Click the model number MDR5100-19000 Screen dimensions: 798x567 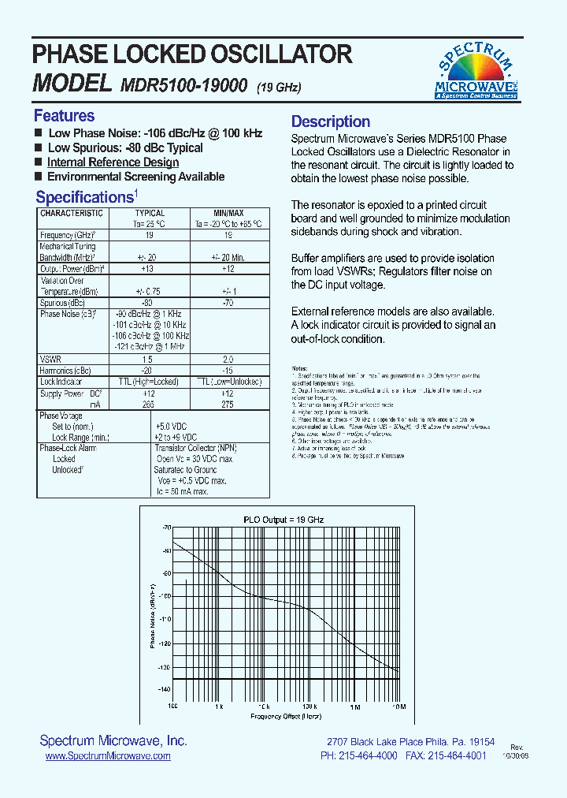click(x=185, y=85)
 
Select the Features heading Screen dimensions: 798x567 click(x=64, y=116)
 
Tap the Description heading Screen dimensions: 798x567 click(x=331, y=121)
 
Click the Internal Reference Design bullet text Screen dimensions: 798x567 click(x=113, y=162)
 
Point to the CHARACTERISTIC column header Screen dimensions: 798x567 click(x=72, y=213)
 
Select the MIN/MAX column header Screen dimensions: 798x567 click(x=228, y=213)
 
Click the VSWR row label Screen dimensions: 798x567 click(x=50, y=359)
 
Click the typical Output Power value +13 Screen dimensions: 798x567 click(x=146, y=269)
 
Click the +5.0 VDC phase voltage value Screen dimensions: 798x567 click(x=176, y=426)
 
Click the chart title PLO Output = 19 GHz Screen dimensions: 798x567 click(x=283, y=520)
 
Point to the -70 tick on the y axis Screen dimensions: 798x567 click(x=166, y=527)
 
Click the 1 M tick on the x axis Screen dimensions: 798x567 click(x=355, y=707)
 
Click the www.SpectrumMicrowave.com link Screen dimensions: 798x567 click(x=108, y=755)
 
